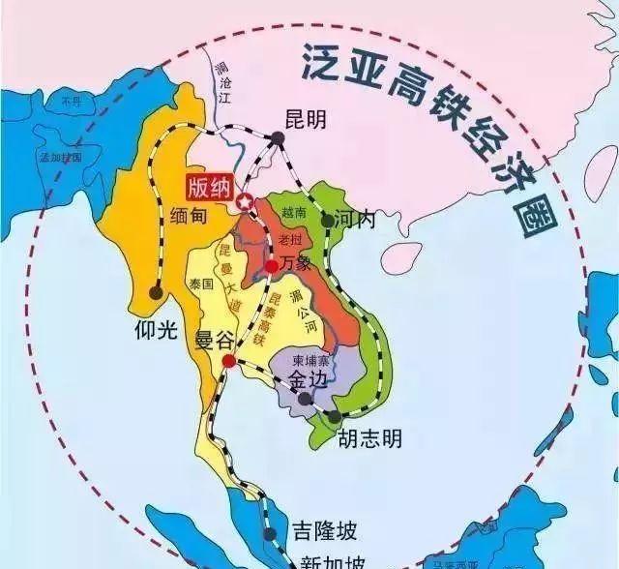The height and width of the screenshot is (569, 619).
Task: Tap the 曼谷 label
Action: point(216,339)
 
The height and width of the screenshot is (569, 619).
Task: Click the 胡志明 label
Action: point(368,439)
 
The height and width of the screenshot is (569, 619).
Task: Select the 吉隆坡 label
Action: point(324,530)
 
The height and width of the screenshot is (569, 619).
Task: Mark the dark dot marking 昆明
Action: point(277,139)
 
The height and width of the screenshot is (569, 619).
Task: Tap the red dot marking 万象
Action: point(272,264)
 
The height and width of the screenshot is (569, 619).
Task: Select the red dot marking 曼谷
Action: point(228,361)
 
